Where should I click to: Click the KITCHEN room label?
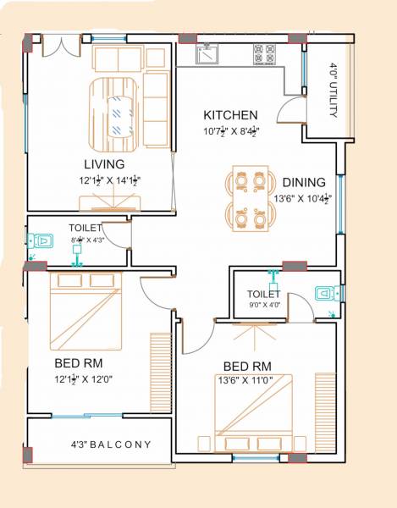coord(230,115)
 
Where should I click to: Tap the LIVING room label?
coord(104,163)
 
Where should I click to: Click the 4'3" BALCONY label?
coord(111,444)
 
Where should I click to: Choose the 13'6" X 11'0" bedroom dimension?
coord(246,381)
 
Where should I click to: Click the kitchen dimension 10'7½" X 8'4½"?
coord(230,131)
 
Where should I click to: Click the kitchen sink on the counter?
coord(207,55)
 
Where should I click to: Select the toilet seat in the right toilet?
coord(327,294)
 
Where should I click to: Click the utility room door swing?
coord(292,111)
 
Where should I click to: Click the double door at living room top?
coord(59,47)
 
